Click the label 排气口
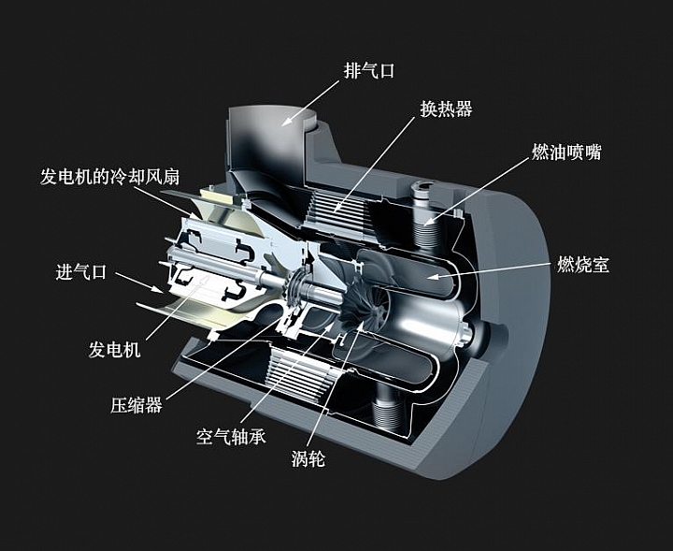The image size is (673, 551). pyautogui.click(x=370, y=69)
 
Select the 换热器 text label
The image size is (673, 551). pyautogui.click(x=446, y=109)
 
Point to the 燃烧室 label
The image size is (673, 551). pyautogui.click(x=582, y=265)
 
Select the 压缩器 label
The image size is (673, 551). pyautogui.click(x=136, y=405)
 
